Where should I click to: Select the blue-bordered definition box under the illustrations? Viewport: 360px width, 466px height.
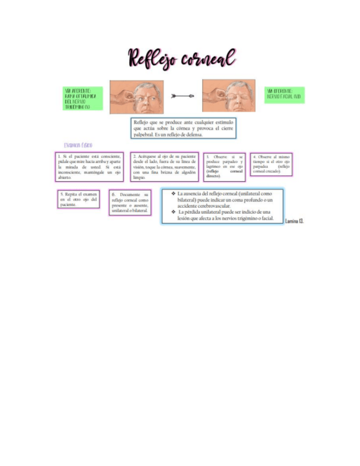click(184, 127)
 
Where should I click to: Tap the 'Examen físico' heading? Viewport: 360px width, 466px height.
click(78, 145)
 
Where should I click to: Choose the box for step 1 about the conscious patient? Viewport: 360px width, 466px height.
click(90, 167)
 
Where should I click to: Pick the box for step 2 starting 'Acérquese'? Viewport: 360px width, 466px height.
click(164, 167)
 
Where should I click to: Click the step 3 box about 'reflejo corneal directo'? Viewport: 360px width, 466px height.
click(224, 166)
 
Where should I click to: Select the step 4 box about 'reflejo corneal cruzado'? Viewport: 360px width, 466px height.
click(271, 164)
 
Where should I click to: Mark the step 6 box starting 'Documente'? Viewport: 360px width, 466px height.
click(130, 202)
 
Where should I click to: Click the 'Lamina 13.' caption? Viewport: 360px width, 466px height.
click(294, 221)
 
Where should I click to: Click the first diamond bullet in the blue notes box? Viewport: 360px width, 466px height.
click(173, 194)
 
